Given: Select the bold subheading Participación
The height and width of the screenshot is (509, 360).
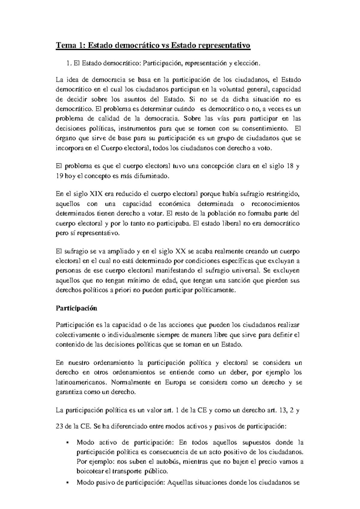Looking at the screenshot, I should pyautogui.click(x=76, y=308).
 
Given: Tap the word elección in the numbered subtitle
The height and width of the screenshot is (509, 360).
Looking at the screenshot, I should pyautogui.click(x=245, y=63).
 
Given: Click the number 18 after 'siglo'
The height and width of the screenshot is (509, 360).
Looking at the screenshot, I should pyautogui.click(x=290, y=167).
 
